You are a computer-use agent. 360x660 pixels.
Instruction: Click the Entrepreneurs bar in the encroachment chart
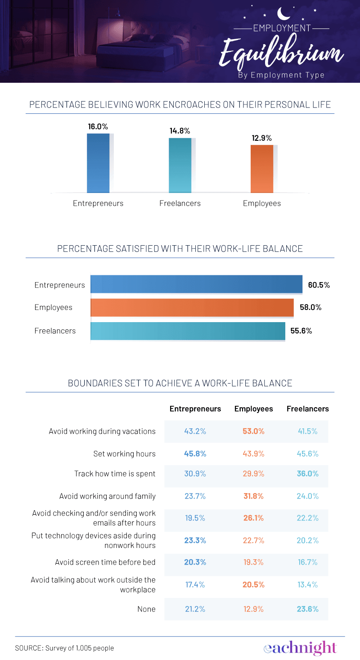tap(98, 163)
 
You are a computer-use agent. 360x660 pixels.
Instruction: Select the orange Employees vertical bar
tap(262, 169)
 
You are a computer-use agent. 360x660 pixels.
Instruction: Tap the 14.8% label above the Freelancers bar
tap(180, 131)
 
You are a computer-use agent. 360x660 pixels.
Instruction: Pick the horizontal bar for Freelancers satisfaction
tap(188, 331)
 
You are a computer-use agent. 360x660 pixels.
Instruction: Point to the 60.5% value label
tap(319, 285)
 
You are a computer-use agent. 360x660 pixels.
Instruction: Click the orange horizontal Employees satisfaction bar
tap(192, 308)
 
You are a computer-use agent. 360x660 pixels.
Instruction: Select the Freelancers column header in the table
tap(308, 409)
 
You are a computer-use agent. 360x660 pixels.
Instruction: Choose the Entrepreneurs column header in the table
tap(195, 409)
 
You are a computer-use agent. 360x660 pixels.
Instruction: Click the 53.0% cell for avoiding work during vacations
tap(254, 431)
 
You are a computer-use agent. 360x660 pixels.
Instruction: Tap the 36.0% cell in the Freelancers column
tap(308, 474)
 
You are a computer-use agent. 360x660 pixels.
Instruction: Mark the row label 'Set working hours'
tap(124, 454)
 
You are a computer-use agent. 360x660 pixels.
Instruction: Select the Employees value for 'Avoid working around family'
tap(254, 496)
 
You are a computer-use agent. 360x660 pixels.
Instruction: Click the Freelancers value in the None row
tap(308, 609)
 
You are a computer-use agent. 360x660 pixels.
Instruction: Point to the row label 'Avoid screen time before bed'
tap(105, 562)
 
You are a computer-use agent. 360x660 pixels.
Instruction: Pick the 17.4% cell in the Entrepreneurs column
tap(195, 584)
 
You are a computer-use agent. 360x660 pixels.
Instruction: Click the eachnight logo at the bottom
tap(300, 648)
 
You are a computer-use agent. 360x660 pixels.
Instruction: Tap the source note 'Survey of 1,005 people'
tap(64, 648)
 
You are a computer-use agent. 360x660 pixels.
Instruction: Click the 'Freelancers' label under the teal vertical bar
tap(180, 203)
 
